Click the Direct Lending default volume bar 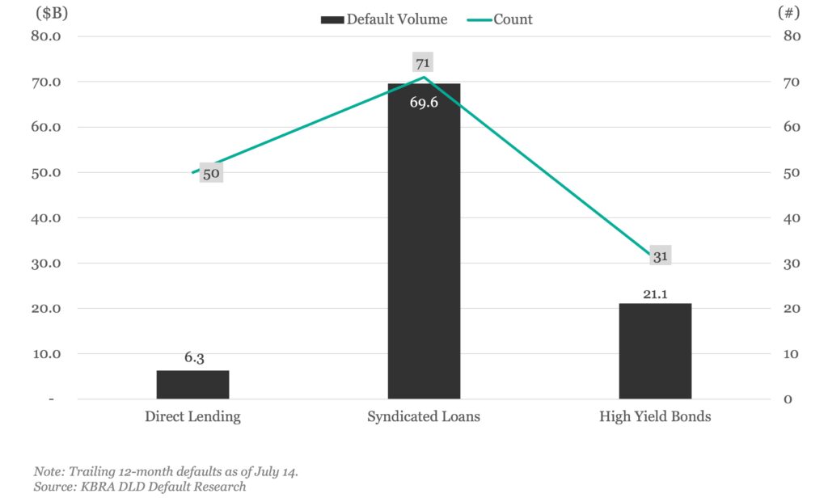(192, 384)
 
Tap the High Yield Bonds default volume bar (655, 352)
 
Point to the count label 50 (211, 173)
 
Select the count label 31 (661, 256)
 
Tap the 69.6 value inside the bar (424, 103)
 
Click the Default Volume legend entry (384, 19)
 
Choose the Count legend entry (501, 19)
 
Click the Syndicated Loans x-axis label (424, 417)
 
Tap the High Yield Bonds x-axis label (655, 417)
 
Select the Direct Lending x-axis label (192, 417)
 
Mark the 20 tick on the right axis (792, 309)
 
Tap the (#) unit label (788, 13)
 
